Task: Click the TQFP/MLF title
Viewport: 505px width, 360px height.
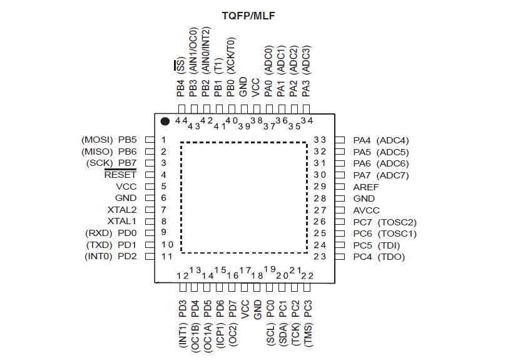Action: pos(252,14)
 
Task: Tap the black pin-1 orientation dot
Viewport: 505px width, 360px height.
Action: pos(165,121)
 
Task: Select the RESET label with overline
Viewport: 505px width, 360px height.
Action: pos(120,175)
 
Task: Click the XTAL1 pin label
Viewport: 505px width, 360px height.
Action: pos(122,221)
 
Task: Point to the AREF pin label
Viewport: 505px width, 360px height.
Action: pos(365,187)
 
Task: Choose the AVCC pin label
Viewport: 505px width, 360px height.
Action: pos(366,210)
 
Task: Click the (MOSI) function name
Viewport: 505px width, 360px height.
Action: pos(97,140)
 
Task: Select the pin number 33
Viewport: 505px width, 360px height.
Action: pos(320,140)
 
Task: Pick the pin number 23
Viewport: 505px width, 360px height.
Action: pos(320,257)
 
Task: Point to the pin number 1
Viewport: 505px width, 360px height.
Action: pos(164,140)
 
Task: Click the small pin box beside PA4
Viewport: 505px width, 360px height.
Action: pos(340,140)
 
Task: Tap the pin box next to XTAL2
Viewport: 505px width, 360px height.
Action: pos(150,210)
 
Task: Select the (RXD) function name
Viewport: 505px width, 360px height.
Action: pos(99,233)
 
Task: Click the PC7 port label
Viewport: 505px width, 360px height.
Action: pos(362,222)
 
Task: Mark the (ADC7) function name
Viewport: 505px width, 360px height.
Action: pos(394,175)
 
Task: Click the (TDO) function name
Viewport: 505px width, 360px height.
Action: pos(392,257)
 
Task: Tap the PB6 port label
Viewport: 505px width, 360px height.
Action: pos(127,152)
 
